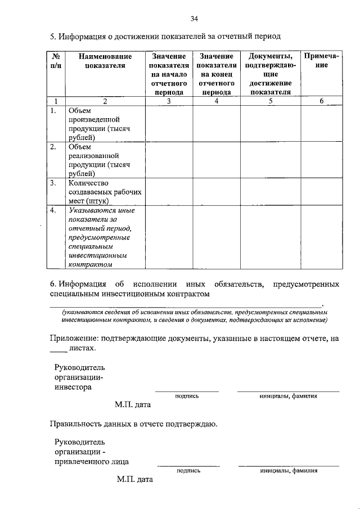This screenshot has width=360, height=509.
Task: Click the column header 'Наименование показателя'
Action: (x=105, y=61)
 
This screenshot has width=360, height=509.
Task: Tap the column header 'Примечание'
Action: (x=321, y=61)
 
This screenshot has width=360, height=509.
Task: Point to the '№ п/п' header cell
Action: (x=55, y=61)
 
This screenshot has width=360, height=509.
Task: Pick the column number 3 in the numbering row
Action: (x=169, y=101)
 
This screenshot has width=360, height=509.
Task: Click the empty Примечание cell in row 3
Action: (x=321, y=191)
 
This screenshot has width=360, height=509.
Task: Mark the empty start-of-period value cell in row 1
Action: (x=169, y=124)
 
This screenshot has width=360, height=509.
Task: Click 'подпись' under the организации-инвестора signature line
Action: (x=187, y=396)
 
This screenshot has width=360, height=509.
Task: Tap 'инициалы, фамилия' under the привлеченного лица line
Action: (x=289, y=471)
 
